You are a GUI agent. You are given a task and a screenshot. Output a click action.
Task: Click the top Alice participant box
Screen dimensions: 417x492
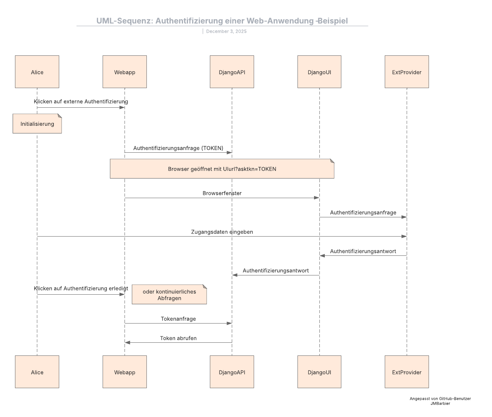37,72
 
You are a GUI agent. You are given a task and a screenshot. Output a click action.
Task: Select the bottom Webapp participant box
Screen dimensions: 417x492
125,372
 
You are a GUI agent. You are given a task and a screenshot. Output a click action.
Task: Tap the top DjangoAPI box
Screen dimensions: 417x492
232,72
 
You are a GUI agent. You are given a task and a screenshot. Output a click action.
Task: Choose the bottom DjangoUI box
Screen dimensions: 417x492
319,372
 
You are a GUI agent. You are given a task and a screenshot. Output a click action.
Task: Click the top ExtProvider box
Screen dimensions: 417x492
407,72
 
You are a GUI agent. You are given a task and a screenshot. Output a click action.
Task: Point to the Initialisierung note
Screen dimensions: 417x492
37,124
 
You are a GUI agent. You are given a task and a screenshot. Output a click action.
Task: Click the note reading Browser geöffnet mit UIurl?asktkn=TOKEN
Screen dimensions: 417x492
222,169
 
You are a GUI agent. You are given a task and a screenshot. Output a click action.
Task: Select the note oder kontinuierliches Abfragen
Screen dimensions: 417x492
169,295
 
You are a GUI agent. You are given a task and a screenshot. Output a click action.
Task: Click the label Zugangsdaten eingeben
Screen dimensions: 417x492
222,232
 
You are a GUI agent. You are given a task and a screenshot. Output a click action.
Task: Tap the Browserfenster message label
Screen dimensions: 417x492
222,193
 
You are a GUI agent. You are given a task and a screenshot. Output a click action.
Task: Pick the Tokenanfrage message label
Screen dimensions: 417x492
178,319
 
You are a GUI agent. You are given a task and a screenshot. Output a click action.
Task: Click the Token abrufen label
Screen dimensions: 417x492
178,338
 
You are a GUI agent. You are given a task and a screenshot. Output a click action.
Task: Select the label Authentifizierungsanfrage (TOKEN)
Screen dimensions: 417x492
178,148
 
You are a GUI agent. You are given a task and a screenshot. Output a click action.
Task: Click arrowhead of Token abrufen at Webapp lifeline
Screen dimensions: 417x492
128,342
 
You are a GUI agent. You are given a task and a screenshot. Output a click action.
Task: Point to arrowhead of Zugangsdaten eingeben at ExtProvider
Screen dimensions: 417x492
404,236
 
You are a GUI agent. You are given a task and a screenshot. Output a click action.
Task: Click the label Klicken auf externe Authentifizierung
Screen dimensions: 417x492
81,102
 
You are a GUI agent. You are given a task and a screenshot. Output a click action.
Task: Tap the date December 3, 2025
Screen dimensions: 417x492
226,32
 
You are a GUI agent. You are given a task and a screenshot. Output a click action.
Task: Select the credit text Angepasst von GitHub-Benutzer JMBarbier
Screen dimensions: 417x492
440,401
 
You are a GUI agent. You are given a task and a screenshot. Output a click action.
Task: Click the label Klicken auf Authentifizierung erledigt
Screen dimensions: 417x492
81,289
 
